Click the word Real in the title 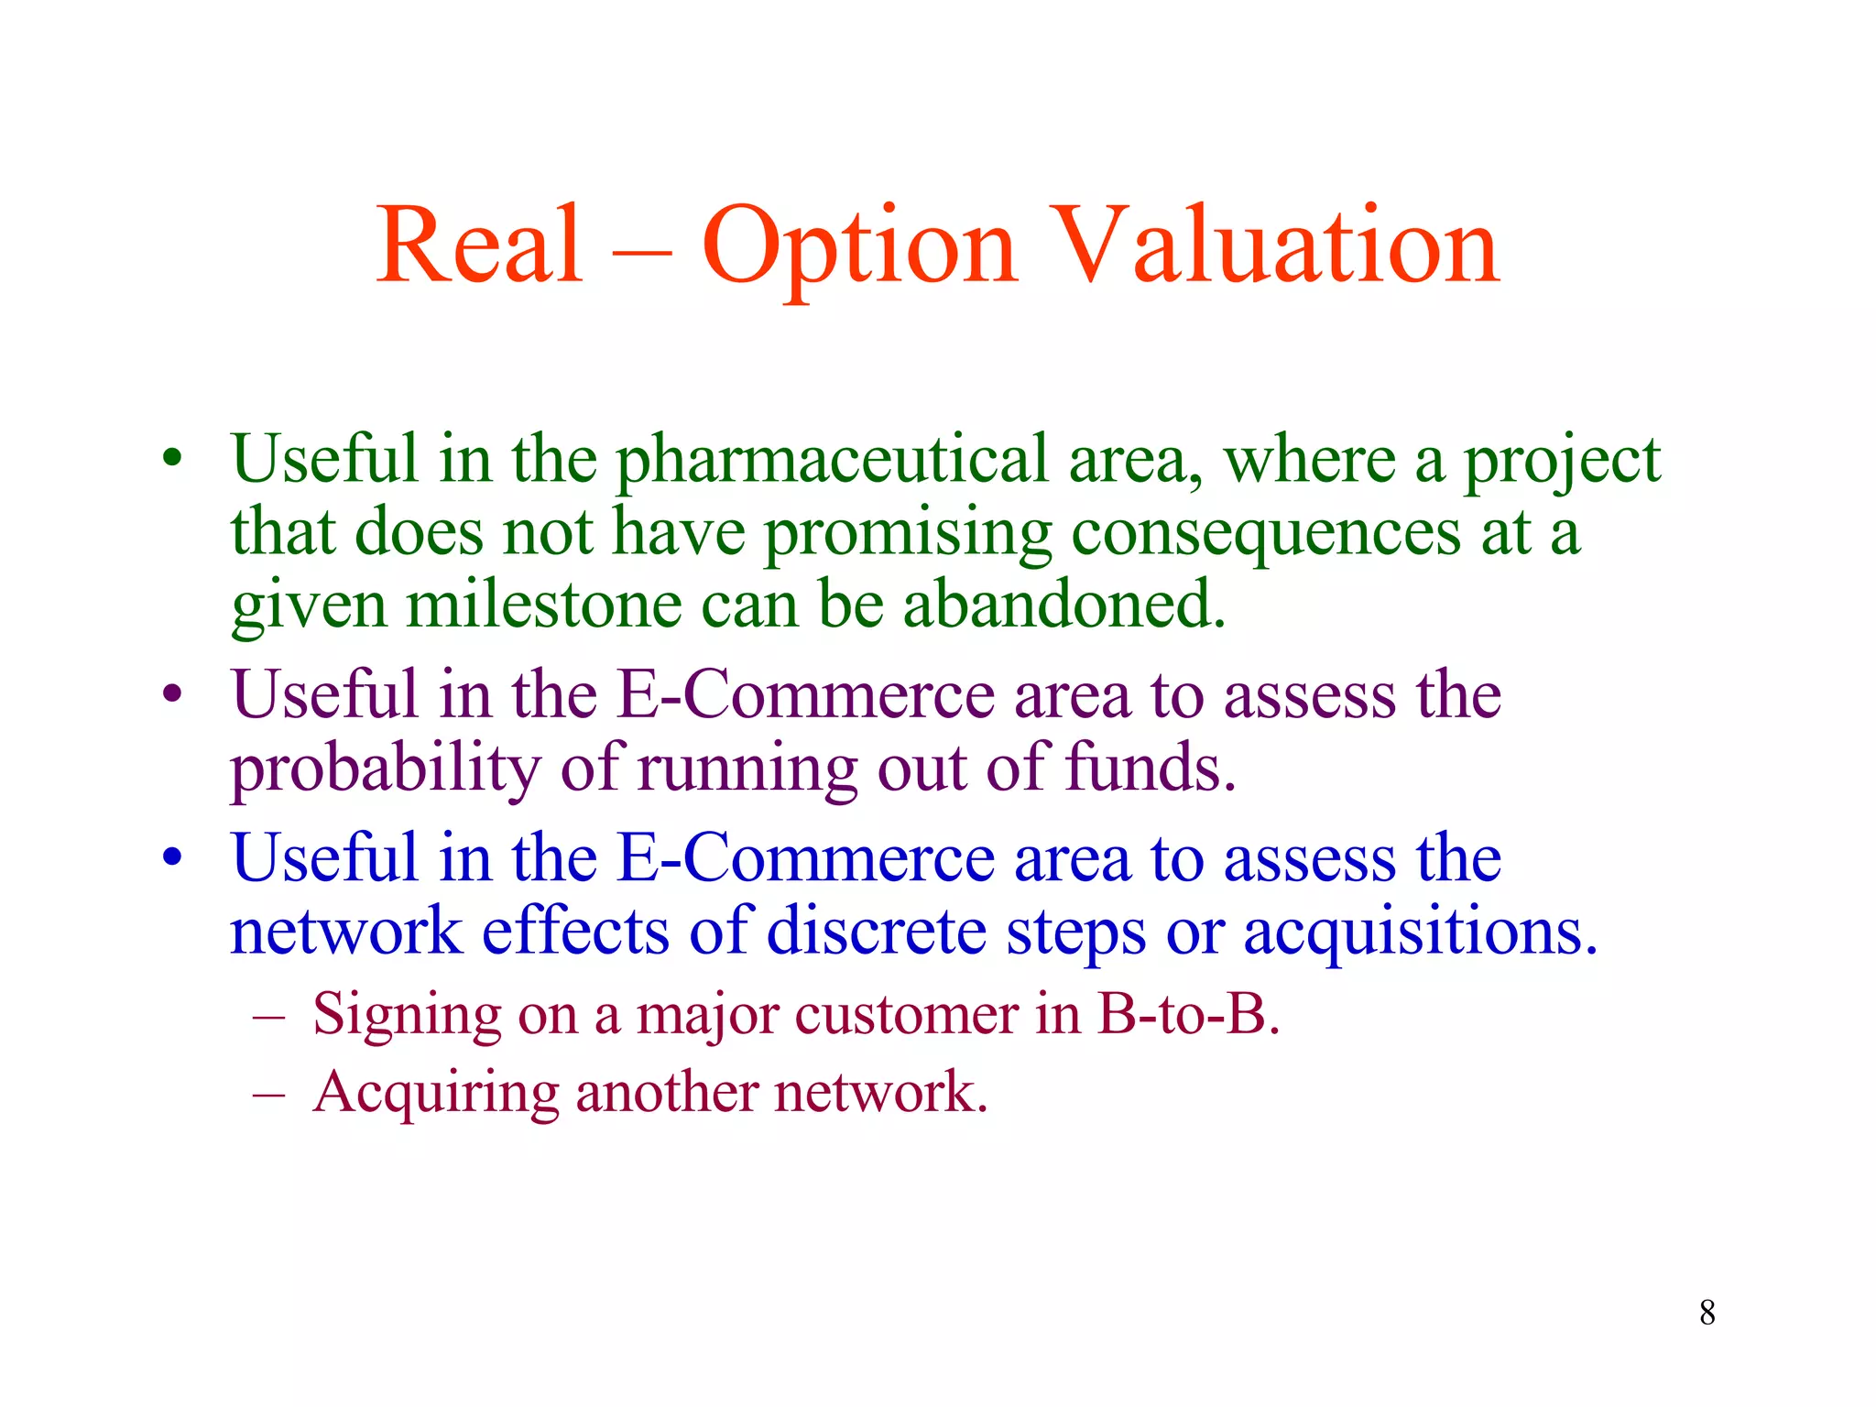pos(479,245)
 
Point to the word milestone pos(543,605)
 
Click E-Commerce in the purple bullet pos(804,695)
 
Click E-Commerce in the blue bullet pos(804,859)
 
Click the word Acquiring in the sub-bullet pos(434,1093)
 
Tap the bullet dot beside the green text pos(172,459)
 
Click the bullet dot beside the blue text pos(172,859)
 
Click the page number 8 pos(1707,1313)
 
